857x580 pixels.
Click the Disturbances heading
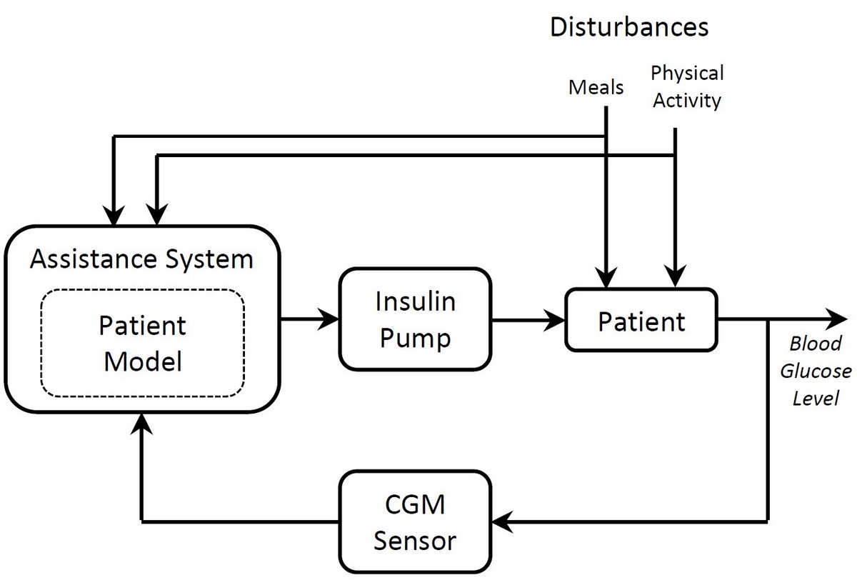tap(628, 27)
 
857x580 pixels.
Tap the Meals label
tap(596, 88)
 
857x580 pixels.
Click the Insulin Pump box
tap(415, 319)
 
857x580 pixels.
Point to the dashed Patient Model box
tap(143, 344)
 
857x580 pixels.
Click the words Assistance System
tap(141, 258)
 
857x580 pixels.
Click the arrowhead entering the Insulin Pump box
tap(331, 319)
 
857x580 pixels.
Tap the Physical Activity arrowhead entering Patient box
tap(674, 277)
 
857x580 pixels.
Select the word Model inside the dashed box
tap(143, 361)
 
